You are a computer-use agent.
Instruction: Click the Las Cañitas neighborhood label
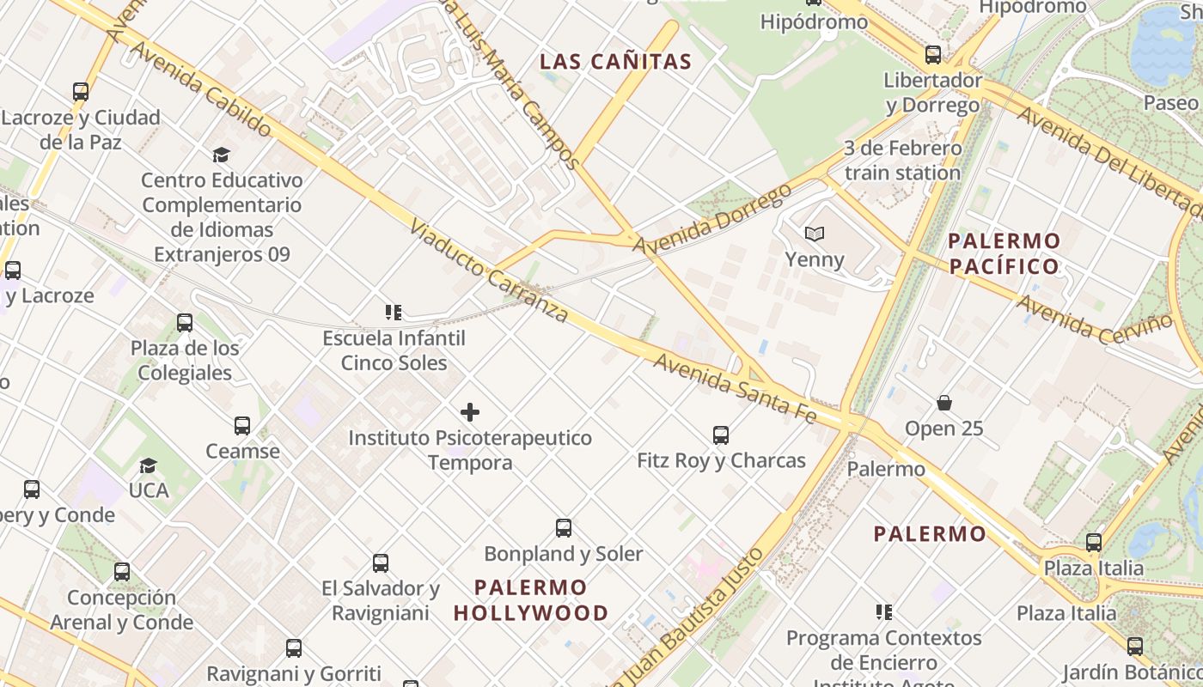615,62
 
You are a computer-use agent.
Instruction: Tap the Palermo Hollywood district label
531,600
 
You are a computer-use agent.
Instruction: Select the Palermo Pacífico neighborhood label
1005,253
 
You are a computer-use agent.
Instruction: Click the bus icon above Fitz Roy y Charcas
721,435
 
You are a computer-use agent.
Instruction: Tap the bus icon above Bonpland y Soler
564,528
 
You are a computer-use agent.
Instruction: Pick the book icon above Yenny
815,234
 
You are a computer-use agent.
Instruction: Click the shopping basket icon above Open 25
943,403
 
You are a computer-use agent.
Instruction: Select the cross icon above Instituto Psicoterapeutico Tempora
470,412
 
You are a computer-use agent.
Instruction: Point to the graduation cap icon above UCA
149,465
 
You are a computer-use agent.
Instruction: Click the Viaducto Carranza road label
489,271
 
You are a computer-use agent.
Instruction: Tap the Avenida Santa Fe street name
735,386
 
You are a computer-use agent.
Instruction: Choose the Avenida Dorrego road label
711,218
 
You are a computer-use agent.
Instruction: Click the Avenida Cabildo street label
201,88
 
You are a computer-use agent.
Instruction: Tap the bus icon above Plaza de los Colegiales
185,323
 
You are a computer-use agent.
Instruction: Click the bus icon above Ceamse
242,426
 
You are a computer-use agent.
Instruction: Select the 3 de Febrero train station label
902,161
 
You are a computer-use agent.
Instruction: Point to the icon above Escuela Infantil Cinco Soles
394,313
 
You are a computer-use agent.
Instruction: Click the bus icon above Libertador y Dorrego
933,55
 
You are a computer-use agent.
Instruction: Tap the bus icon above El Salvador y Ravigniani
381,563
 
